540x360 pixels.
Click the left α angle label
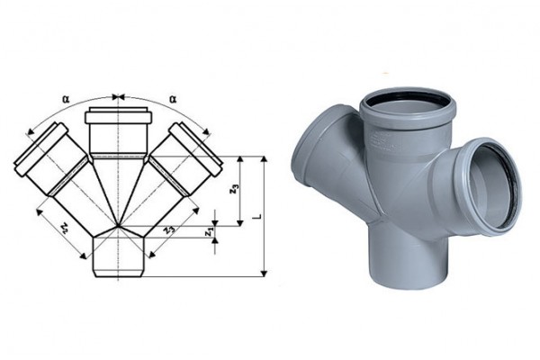coord(66,99)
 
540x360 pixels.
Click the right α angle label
coord(173,99)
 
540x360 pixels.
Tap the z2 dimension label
coord(64,227)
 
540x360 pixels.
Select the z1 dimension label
coord(208,232)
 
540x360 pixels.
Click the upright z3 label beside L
coord(235,189)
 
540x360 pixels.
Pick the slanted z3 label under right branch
coord(168,229)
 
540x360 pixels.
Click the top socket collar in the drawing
coord(118,115)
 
